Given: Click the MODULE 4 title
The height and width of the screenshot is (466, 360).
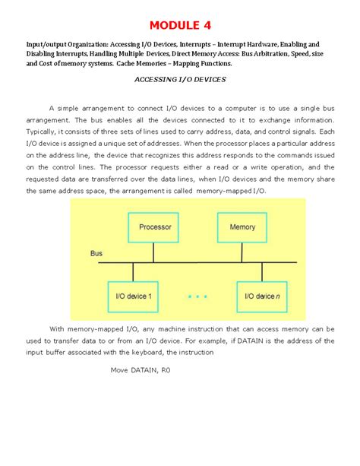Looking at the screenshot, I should point(180,26).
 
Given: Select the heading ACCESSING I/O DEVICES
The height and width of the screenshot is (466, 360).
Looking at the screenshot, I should point(180,79).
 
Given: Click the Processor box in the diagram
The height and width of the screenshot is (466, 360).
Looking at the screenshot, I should point(155,227).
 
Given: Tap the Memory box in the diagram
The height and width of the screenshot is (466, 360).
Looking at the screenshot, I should point(242,227).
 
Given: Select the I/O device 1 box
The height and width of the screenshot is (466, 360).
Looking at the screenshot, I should point(134,296).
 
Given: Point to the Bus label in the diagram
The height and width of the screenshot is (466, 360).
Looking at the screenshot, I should point(96,252).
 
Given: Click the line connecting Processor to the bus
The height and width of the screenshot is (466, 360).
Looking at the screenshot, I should point(155,251).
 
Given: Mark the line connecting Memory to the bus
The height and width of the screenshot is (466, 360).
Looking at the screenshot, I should point(242,251).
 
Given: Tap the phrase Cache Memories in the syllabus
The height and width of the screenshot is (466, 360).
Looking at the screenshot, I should point(144,65).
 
